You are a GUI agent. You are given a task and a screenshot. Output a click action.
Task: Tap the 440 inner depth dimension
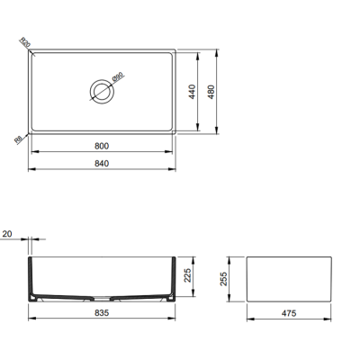point(192,91)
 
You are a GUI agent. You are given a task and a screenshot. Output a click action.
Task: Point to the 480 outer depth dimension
point(212,91)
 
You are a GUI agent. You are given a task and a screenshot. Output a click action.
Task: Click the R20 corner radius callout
point(24,41)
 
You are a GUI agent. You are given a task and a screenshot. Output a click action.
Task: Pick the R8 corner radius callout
point(20,139)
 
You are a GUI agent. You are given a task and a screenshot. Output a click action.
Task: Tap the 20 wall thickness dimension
point(7,233)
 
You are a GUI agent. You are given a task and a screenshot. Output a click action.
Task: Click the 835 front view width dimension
point(101,313)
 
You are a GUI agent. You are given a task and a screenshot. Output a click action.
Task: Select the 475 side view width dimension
point(290,313)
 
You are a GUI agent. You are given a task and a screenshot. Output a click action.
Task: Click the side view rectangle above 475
point(290,280)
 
